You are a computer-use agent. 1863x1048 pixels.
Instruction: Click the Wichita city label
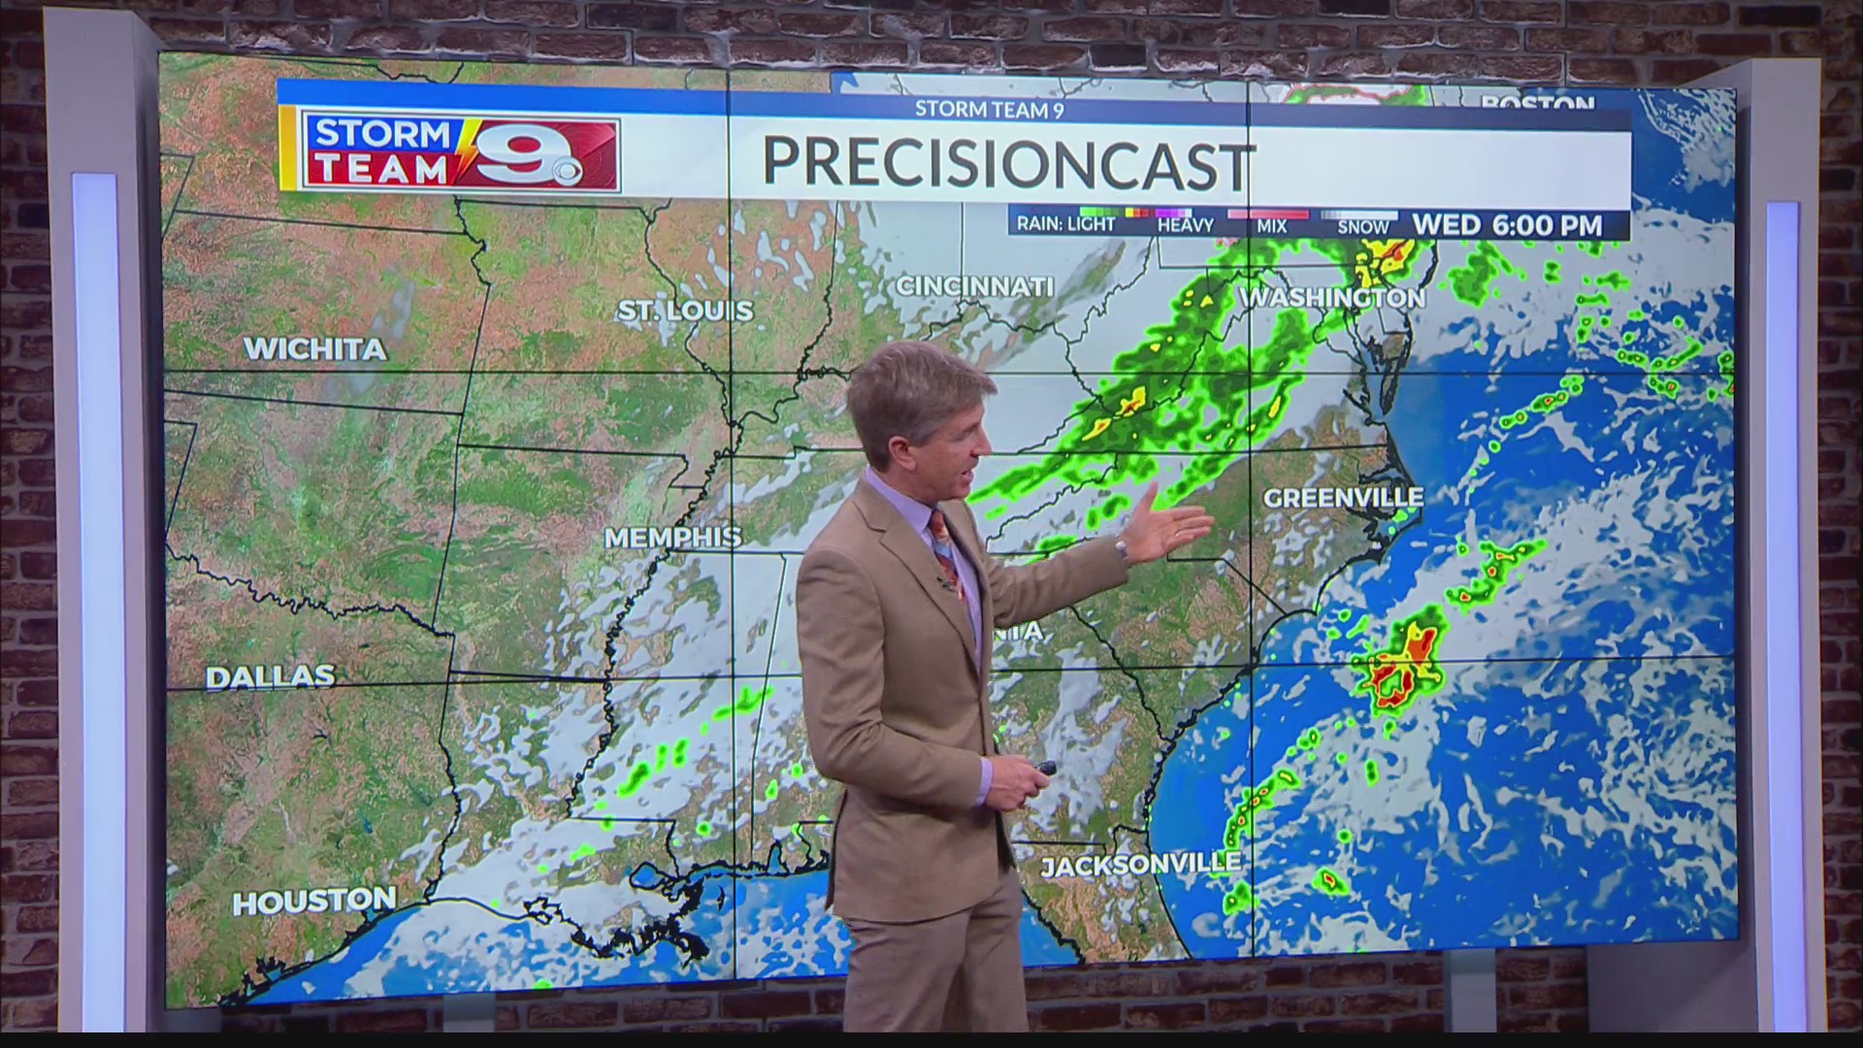tap(314, 349)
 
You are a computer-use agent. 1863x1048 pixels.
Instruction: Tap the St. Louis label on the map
tap(686, 311)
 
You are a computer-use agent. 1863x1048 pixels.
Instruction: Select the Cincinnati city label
tap(974, 286)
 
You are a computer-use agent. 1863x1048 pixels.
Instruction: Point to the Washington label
tap(1333, 297)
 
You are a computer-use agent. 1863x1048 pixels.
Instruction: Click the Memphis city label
tap(672, 537)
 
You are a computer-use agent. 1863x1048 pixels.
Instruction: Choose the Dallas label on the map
tap(270, 676)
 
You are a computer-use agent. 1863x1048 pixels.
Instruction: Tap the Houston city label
tap(313, 901)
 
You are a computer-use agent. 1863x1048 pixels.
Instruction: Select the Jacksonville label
tap(1140, 864)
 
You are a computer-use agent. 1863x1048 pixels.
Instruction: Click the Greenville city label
tap(1343, 498)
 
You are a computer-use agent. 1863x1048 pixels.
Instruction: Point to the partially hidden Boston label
tap(1538, 102)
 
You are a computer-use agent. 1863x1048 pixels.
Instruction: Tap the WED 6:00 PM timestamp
tap(1507, 225)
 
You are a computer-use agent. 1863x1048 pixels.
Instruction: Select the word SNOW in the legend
tap(1363, 227)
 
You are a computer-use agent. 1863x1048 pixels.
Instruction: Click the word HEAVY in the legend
tap(1185, 226)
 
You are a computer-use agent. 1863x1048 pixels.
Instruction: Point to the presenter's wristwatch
tap(1121, 548)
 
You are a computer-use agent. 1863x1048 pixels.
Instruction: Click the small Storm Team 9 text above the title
tap(989, 110)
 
